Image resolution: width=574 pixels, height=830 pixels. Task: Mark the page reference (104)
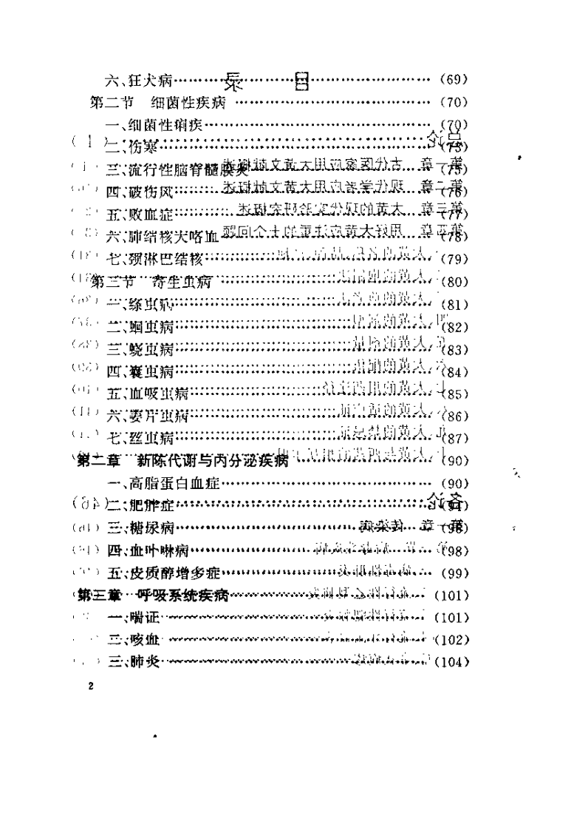tap(452, 661)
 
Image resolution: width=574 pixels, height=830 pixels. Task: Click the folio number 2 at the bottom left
tap(89, 686)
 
